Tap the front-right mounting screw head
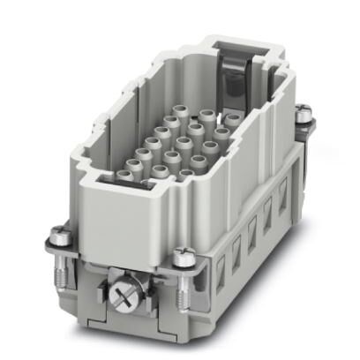point(184,256)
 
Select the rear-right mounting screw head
point(304,113)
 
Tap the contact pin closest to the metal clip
point(231,118)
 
